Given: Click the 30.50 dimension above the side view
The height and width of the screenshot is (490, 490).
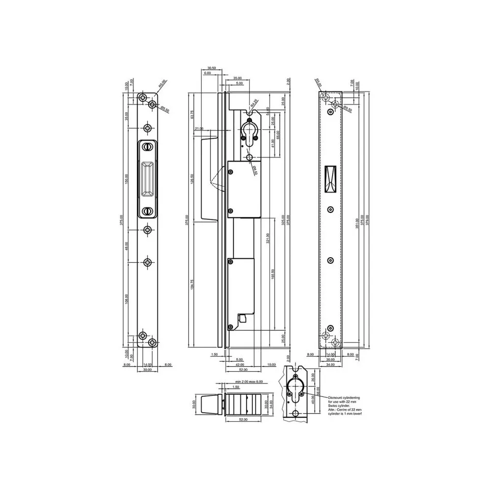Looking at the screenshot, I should tap(211, 68).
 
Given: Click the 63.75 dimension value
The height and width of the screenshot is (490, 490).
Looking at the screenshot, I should tap(192, 115).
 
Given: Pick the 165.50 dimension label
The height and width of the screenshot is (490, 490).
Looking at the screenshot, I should tap(274, 275).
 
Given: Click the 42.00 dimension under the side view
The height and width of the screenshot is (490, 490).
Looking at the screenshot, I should tap(240, 365).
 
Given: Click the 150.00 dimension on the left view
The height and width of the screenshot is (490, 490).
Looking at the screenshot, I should tap(127, 179).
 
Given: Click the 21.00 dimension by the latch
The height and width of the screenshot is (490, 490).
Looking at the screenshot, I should tap(198, 129).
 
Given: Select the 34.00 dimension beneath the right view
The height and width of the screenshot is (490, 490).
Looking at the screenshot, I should tap(330, 365).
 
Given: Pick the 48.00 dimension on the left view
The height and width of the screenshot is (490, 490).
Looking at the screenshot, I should tap(127, 246).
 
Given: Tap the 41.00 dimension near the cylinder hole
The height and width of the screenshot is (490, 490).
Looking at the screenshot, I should tap(273, 144).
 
